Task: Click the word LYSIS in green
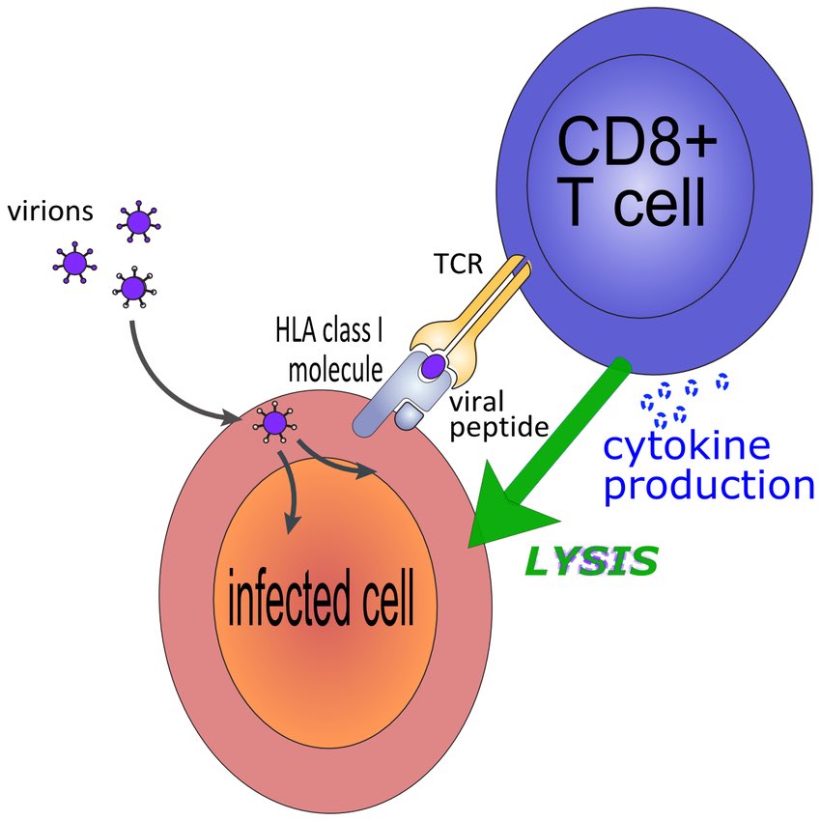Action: [590, 560]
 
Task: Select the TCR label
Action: [459, 264]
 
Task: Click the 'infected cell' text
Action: [320, 598]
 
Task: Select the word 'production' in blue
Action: [709, 485]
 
